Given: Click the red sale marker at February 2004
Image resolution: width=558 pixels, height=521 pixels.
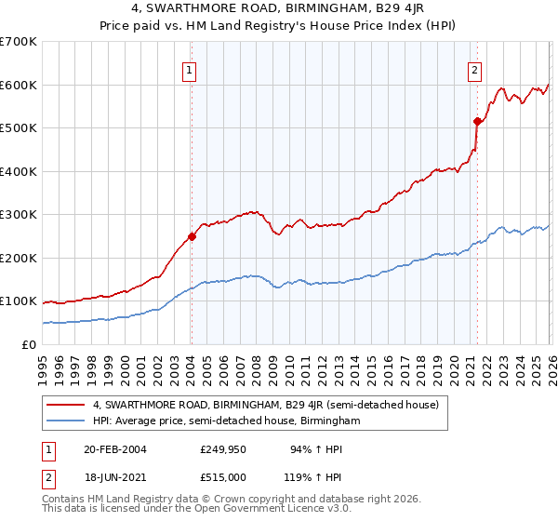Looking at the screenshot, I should pos(192,236).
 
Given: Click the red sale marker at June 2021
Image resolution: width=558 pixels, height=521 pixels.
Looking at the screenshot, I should pos(477,121).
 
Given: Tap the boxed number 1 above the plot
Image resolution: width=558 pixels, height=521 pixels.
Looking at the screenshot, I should pos(190,68).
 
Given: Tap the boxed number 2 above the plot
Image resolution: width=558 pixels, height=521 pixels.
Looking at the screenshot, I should pos(474,68).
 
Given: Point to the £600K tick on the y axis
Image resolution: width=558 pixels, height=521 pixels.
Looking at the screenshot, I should pos(19,85).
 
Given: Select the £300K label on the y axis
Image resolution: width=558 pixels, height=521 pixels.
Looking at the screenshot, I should pos(19,215).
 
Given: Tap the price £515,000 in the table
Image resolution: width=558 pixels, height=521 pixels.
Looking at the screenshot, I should pos(228,477).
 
